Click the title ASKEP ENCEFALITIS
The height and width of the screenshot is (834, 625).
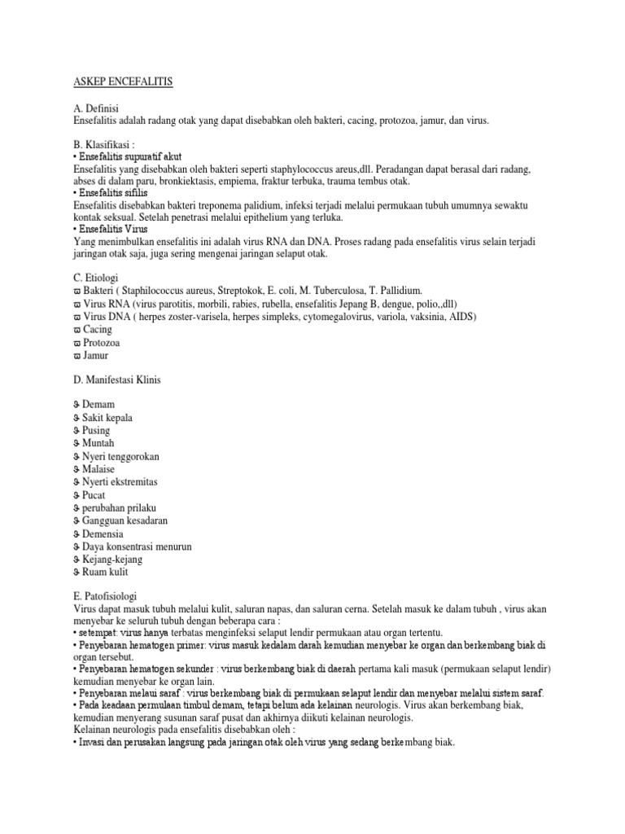tap(125, 82)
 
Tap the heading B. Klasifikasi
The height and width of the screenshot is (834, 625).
tap(107, 145)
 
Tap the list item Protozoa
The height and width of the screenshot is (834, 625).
tap(101, 342)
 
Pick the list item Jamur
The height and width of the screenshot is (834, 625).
tap(97, 355)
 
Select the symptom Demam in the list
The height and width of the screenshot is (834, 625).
tap(98, 405)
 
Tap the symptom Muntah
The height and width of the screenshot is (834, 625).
tap(98, 443)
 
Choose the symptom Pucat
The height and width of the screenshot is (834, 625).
tap(94, 494)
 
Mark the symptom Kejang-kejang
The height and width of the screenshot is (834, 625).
tap(113, 560)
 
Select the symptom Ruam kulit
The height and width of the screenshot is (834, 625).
tap(105, 573)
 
